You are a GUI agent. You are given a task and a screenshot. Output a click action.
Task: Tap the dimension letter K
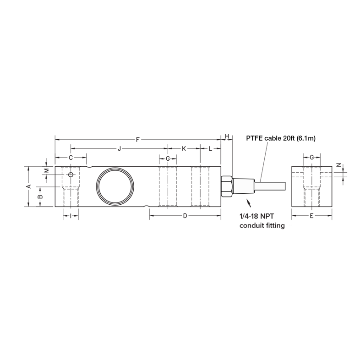click(x=184, y=148)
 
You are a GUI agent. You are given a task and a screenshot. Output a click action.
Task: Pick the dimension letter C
click(x=71, y=158)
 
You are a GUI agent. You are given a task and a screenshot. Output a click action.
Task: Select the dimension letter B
click(x=40, y=196)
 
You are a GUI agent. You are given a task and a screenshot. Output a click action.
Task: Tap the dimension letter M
click(x=46, y=170)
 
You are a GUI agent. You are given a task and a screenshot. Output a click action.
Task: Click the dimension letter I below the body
click(x=71, y=215)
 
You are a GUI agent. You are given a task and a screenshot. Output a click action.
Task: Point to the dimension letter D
click(x=185, y=215)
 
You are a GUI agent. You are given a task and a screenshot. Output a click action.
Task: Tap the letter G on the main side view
click(x=168, y=158)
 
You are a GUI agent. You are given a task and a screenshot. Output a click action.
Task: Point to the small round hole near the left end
click(x=71, y=175)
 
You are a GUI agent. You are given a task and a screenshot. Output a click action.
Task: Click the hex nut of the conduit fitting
click(x=226, y=186)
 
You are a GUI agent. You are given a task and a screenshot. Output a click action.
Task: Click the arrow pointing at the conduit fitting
click(x=249, y=202)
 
